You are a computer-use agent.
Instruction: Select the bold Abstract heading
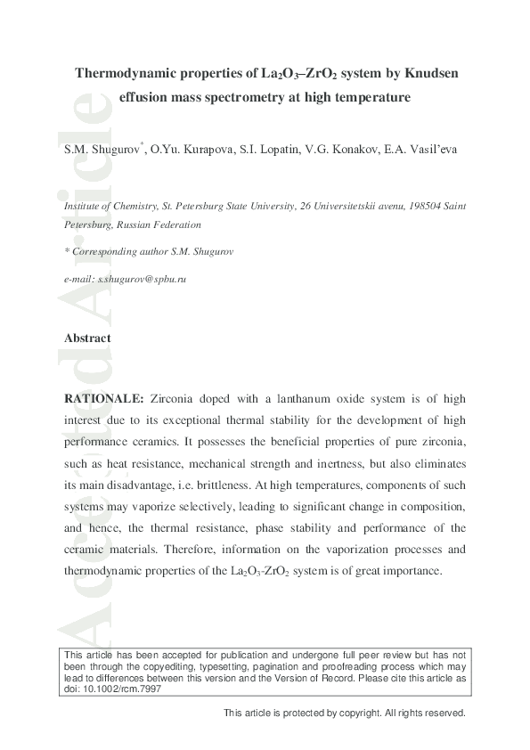[87, 338]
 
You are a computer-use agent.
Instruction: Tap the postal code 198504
[423, 205]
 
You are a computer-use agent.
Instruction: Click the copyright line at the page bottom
[345, 713]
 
